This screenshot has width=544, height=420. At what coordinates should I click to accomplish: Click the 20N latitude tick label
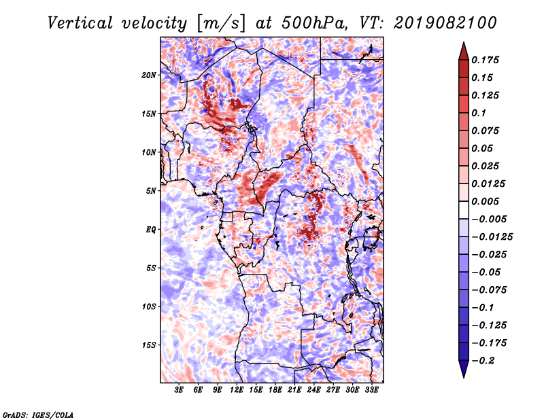(x=149, y=75)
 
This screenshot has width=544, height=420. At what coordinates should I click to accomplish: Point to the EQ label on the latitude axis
(x=151, y=230)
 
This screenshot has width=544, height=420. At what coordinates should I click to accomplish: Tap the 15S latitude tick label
(x=149, y=345)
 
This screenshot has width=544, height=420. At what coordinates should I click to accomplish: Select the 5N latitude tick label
(x=151, y=191)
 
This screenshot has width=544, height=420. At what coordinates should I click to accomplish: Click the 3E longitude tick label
(x=179, y=390)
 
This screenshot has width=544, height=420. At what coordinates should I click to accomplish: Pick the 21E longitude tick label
(x=294, y=390)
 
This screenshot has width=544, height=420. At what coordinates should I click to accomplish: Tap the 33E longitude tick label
(x=371, y=390)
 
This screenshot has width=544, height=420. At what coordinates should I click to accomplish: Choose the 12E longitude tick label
(x=237, y=390)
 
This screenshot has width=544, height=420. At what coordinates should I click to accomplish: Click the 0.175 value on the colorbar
(x=485, y=60)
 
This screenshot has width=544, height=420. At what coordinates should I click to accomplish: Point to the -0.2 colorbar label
(x=483, y=361)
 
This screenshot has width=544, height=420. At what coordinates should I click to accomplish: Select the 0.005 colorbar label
(x=485, y=201)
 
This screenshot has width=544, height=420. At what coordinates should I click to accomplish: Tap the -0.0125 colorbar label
(x=492, y=237)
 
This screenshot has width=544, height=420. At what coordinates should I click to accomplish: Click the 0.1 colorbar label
(x=479, y=113)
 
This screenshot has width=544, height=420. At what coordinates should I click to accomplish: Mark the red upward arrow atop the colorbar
(x=464, y=51)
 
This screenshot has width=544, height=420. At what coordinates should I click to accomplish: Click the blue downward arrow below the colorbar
(x=464, y=369)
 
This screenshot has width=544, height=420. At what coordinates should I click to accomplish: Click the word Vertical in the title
(x=80, y=23)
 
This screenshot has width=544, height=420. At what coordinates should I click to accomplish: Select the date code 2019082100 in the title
(x=445, y=23)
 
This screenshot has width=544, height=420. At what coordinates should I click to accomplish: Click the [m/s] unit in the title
(x=220, y=24)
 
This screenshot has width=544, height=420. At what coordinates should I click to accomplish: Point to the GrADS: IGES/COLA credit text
(x=38, y=415)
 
